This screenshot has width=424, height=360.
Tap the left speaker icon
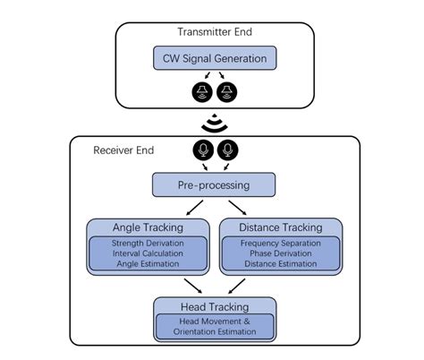coord(201,92)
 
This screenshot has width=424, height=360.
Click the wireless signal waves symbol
coord(213,122)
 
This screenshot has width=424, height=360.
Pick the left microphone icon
coord(201,150)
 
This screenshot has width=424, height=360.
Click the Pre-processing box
coord(213,185)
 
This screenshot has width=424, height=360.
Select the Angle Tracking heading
coord(146,227)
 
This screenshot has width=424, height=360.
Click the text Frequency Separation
coord(281,243)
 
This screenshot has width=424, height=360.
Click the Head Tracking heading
coord(213,305)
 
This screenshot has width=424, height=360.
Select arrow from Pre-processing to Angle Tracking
coord(182,207)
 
